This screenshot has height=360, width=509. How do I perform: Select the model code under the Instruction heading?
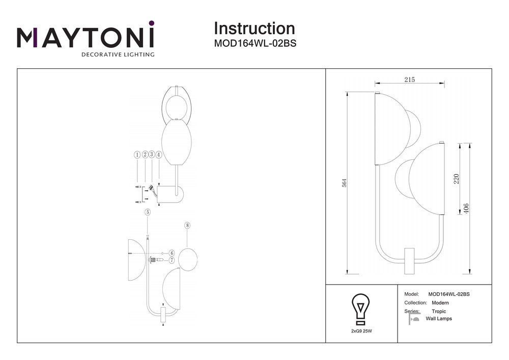[255, 44]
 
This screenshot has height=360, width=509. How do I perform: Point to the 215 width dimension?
[410, 79]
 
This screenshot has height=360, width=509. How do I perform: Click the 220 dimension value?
[457, 179]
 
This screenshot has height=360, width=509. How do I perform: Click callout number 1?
[137, 154]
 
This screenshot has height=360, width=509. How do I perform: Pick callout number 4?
[159, 154]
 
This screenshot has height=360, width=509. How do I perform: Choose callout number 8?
[187, 225]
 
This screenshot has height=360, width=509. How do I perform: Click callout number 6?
[172, 253]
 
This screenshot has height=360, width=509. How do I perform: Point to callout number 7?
[172, 260]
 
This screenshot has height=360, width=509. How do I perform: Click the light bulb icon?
[361, 308]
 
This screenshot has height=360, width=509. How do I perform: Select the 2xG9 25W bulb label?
[361, 331]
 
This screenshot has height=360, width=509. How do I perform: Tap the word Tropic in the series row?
[439, 311]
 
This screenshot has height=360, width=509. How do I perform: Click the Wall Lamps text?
[439, 319]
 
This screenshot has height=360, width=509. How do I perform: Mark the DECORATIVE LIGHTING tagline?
[118, 54]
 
